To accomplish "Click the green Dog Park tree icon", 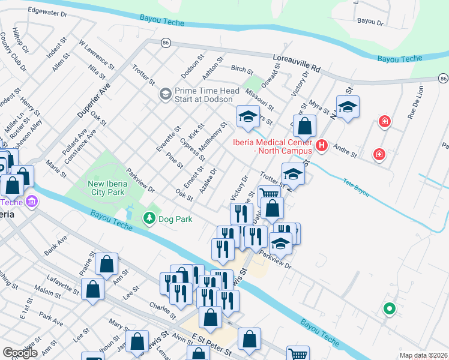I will [x=149, y=219].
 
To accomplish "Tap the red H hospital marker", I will [x=321, y=145].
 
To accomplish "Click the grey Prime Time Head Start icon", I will [x=164, y=95].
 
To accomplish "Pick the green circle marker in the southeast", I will [x=389, y=309].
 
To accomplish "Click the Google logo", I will [x=20, y=353].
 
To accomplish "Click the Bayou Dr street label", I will [x=370, y=21].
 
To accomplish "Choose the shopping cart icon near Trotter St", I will [x=270, y=193].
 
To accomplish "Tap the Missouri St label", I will [x=262, y=100].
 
